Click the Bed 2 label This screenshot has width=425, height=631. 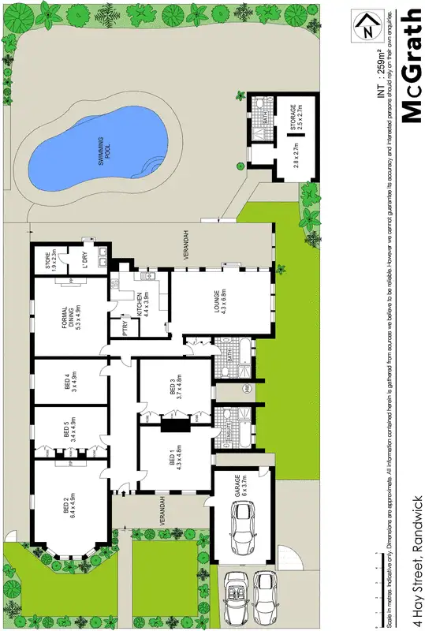70,504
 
